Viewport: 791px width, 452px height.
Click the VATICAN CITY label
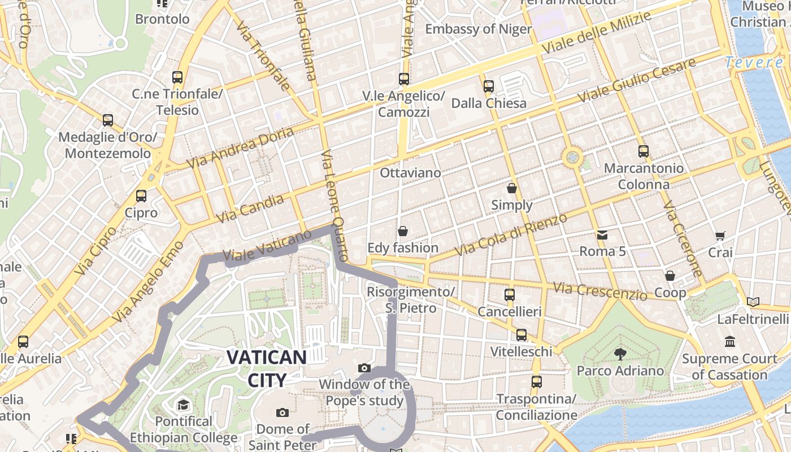[267, 368]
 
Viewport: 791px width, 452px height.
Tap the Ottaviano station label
[410, 172]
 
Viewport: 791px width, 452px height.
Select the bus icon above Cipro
[141, 196]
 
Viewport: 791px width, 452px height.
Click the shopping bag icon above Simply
[512, 188]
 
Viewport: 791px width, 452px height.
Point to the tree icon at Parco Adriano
[620, 354]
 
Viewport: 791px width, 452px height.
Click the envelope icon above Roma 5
[602, 234]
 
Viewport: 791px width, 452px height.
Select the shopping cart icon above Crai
[720, 236]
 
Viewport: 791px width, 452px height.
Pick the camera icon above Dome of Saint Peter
[282, 412]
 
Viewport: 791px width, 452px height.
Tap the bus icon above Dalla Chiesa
[489, 86]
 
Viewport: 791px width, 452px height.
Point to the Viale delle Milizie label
[596, 32]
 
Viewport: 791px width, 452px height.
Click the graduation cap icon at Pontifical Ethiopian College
[183, 405]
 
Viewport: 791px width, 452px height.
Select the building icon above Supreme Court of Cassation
[729, 342]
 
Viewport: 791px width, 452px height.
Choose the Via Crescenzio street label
[599, 292]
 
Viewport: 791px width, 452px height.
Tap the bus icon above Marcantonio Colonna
[643, 151]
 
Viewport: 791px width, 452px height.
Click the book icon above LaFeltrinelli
[753, 302]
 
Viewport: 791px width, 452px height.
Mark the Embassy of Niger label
[478, 29]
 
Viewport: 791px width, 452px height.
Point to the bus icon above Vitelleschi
[521, 335]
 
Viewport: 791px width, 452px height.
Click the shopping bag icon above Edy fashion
[403, 231]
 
